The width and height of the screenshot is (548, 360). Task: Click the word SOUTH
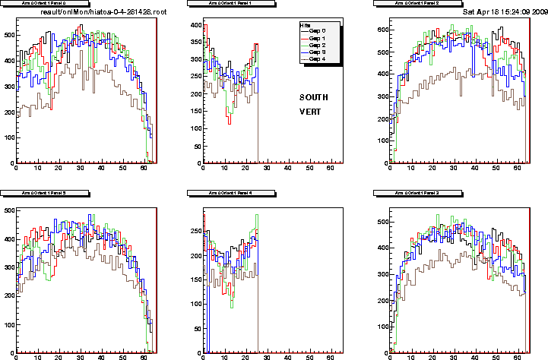tap(312, 97)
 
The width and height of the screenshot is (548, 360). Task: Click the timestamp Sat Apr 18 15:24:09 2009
tap(505, 12)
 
